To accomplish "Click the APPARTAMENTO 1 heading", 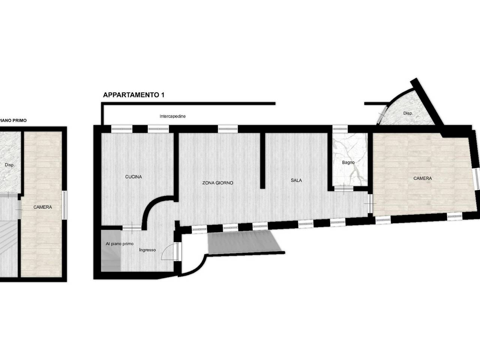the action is [x=133, y=95].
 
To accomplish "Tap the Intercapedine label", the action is [x=172, y=116].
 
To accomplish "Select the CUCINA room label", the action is [x=133, y=177].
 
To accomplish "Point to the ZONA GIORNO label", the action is [x=217, y=183].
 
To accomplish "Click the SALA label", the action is [x=296, y=180].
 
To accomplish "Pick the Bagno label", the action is [x=348, y=163].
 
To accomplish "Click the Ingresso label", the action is [x=147, y=250].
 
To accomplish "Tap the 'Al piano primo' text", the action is [x=120, y=244].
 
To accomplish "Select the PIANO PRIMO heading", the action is [x=13, y=120].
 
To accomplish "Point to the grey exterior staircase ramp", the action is [x=244, y=241].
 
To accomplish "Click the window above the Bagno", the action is [x=340, y=129].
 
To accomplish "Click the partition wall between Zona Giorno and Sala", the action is [x=262, y=160].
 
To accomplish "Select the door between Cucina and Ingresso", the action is [x=132, y=228].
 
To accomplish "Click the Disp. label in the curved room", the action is [x=408, y=113].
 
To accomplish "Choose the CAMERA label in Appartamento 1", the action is [x=423, y=178].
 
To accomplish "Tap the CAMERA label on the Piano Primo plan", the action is [x=43, y=207].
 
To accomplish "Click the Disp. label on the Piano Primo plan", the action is [x=10, y=165].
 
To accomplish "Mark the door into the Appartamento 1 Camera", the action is [x=370, y=204].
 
